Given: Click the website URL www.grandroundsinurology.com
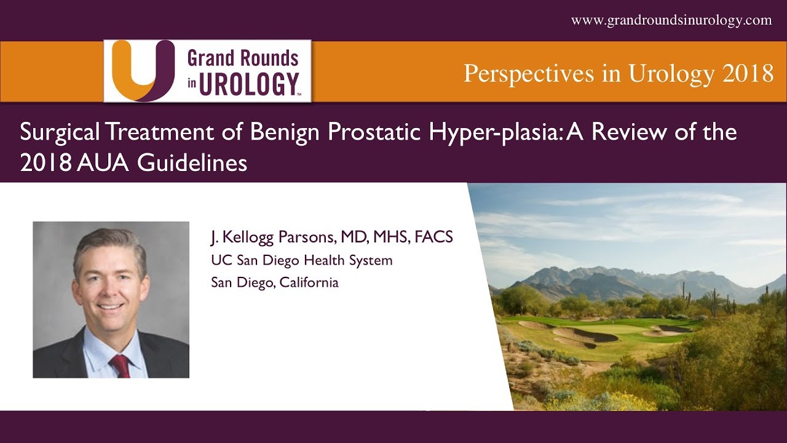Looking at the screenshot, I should click(671, 20).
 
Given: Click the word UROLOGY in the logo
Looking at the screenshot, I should click(248, 84).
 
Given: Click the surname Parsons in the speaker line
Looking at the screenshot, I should click(308, 237).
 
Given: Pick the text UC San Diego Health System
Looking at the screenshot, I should click(301, 260).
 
